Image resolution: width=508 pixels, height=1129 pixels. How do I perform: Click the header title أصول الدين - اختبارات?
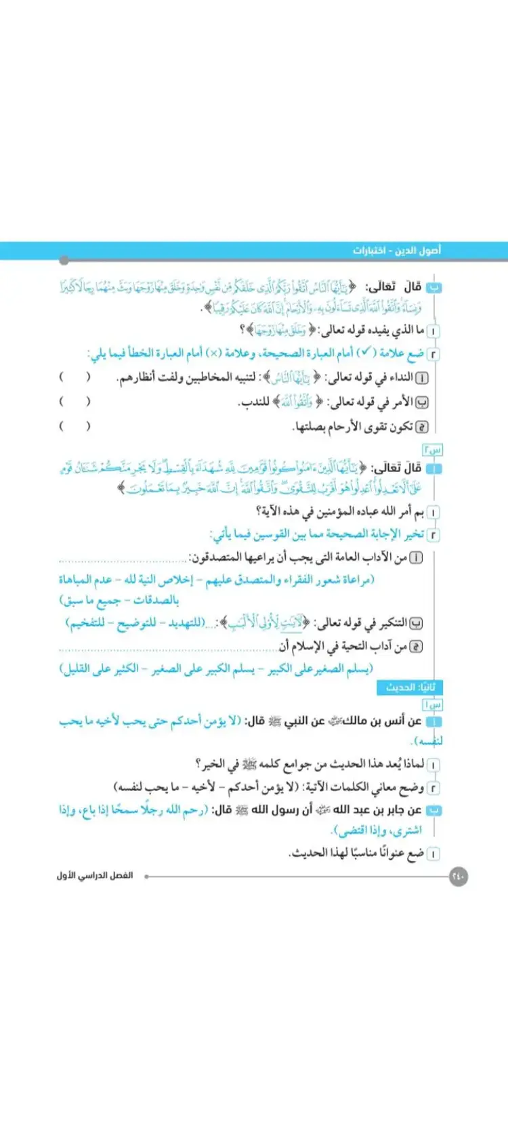coord(396,251)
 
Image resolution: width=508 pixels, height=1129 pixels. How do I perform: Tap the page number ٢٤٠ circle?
coord(459,876)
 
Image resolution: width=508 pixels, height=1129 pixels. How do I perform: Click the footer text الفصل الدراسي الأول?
coord(94,876)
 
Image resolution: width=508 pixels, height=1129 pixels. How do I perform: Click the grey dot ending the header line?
coord(64,261)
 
